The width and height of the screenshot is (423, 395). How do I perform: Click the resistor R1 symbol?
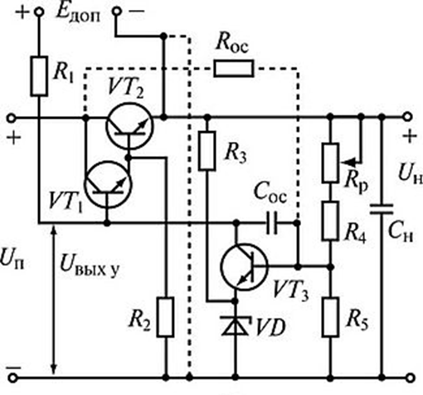pos(39,76)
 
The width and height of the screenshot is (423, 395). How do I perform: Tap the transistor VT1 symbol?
pos(108,184)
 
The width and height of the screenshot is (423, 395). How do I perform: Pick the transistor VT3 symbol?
pos(244,266)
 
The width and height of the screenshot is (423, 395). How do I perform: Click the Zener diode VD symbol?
pos(236,325)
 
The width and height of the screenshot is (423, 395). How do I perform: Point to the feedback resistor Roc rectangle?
pos(234,68)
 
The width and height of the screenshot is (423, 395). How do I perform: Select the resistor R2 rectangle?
pos(166,317)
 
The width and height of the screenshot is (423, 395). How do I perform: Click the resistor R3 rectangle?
pos(207,151)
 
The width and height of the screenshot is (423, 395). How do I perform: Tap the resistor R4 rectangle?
pos(330,221)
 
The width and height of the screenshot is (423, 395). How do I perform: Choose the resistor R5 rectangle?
pos(330,317)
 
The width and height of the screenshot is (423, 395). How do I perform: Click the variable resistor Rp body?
pos(330,163)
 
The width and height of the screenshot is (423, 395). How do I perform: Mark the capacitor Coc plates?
pos(271,223)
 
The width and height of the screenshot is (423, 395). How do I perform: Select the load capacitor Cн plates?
pos(382,209)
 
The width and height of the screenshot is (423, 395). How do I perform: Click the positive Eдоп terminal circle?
pos(39,12)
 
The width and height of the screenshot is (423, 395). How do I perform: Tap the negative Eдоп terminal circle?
pos(117,12)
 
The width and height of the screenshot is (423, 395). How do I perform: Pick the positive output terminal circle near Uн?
pos(407,117)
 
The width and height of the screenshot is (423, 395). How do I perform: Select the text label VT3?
pos(291,290)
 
